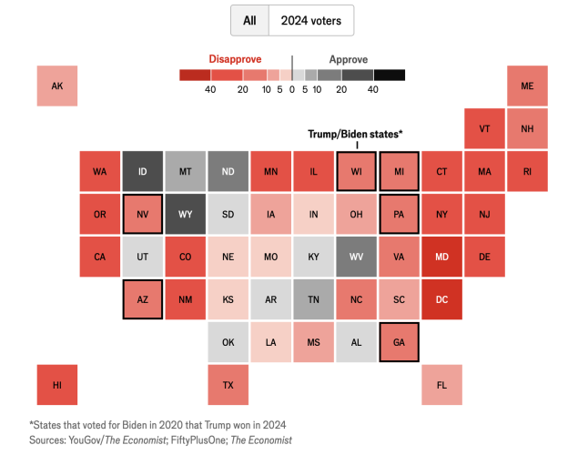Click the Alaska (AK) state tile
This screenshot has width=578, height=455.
[x=56, y=86]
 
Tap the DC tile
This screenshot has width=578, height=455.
[x=441, y=299]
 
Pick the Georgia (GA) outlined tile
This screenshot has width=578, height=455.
[x=399, y=342]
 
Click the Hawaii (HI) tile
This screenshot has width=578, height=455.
[x=56, y=385]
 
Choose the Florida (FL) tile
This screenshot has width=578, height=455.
[x=441, y=385]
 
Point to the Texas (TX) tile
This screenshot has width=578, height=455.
[x=228, y=385]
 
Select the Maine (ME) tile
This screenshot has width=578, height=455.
[x=527, y=86]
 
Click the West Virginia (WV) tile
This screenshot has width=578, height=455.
[x=356, y=257]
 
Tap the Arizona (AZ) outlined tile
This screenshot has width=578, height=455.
[x=142, y=299]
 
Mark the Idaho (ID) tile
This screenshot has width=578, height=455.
[x=142, y=171]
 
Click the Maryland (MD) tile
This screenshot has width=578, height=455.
[x=441, y=257]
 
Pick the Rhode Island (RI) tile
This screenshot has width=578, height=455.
[x=527, y=171]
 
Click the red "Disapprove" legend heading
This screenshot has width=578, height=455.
[x=235, y=58]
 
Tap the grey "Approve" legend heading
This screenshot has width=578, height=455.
[x=348, y=58]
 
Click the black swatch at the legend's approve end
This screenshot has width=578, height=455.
[x=389, y=75]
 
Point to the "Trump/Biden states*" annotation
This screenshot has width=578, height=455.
[x=355, y=134]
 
